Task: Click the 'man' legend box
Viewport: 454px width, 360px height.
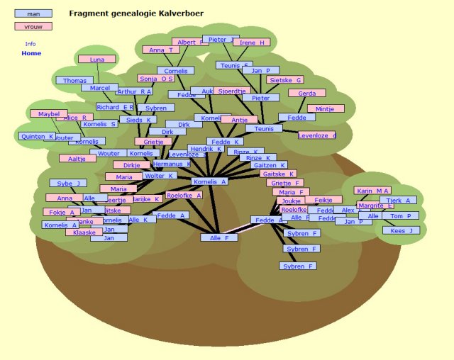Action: pyautogui.click(x=33, y=13)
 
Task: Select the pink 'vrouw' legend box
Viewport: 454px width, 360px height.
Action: pyautogui.click(x=33, y=26)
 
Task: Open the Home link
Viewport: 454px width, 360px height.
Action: pyautogui.click(x=31, y=53)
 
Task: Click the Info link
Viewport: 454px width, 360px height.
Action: pyautogui.click(x=31, y=43)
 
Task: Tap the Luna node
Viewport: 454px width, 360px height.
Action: pyautogui.click(x=96, y=60)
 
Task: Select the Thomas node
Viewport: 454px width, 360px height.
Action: pyautogui.click(x=74, y=81)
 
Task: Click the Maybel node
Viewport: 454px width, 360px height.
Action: pyautogui.click(x=48, y=113)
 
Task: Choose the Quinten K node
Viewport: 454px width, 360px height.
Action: pyautogui.click(x=37, y=136)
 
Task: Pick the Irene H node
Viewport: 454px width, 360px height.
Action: pyautogui.click(x=252, y=43)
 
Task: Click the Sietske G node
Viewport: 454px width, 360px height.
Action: pyautogui.click(x=285, y=80)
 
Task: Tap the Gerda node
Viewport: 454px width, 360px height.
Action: pyautogui.click(x=306, y=94)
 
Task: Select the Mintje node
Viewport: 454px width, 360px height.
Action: pyautogui.click(x=325, y=109)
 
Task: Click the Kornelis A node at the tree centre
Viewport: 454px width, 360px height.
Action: pyautogui.click(x=209, y=181)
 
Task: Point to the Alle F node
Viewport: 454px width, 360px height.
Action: pyautogui.click(x=218, y=237)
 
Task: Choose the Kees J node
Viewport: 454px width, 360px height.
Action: pyautogui.click(x=401, y=230)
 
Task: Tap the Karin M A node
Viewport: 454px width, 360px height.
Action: pyautogui.click(x=373, y=191)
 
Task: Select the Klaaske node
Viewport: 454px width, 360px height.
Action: pyautogui.click(x=84, y=232)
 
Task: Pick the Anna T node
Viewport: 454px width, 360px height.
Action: pyautogui.click(x=161, y=50)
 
